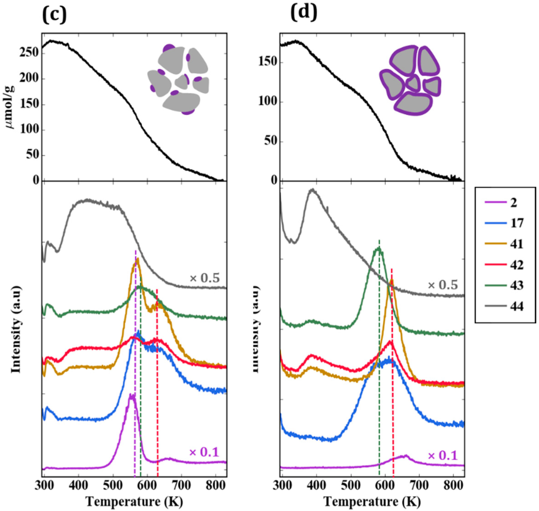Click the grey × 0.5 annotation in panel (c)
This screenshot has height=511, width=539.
click(x=205, y=279)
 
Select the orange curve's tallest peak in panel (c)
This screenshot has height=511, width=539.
click(x=137, y=259)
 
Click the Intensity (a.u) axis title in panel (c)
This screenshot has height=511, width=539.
click(x=16, y=329)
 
